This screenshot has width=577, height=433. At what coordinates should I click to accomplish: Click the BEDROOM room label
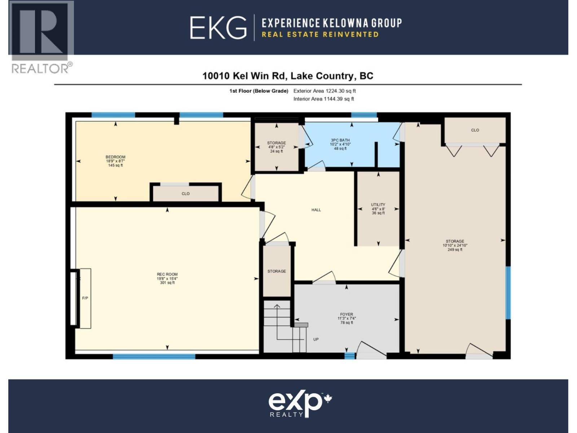pyautogui.click(x=115, y=157)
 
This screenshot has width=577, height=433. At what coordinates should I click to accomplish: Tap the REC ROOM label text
pyautogui.click(x=167, y=275)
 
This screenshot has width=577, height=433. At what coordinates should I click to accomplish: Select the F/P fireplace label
pyautogui.click(x=85, y=298)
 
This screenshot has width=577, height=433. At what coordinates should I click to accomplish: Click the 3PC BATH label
pyautogui.click(x=340, y=140)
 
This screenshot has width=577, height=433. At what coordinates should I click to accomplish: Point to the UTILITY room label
pyautogui.click(x=378, y=205)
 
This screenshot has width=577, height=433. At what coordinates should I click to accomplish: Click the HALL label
pyautogui.click(x=316, y=210)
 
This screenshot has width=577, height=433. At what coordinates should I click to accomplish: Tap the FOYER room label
pyautogui.click(x=347, y=314)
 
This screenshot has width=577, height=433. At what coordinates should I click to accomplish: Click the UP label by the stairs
pyautogui.click(x=316, y=340)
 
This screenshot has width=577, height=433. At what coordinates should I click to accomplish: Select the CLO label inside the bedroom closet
pyautogui.click(x=185, y=194)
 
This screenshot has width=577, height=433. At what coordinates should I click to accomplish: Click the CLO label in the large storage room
pyautogui.click(x=475, y=130)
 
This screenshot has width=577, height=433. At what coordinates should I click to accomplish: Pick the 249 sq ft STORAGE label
pyautogui.click(x=455, y=241)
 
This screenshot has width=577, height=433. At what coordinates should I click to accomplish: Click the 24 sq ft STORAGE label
pyautogui.click(x=277, y=143)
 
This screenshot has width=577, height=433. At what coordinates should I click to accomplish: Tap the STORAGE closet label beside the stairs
pyautogui.click(x=277, y=271)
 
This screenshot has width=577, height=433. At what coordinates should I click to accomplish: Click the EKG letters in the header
pyautogui.click(x=218, y=27)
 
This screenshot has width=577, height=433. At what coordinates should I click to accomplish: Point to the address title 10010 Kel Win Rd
pyautogui.click(x=287, y=76)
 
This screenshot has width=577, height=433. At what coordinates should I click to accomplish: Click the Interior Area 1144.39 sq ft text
pyautogui.click(x=323, y=99)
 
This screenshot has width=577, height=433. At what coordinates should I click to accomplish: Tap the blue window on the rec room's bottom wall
pyautogui.click(x=154, y=357)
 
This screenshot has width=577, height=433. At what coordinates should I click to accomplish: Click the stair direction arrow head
pyautogui.click(x=277, y=307)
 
